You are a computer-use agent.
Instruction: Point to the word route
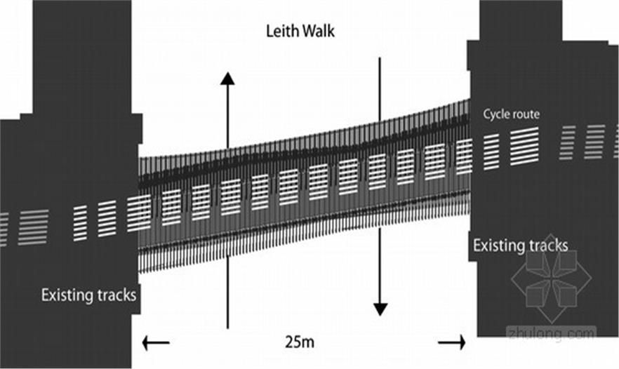[x=526, y=114]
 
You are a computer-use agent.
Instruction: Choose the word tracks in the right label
[x=547, y=246]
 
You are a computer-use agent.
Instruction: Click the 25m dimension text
[x=300, y=342]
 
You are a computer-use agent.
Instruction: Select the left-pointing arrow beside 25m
[x=155, y=343]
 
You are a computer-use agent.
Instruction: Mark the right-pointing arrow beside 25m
[x=452, y=342]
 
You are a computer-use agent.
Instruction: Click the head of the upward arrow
[x=227, y=78]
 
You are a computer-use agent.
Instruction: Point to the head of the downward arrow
[x=380, y=309]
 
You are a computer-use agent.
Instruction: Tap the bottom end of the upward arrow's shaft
[x=227, y=327]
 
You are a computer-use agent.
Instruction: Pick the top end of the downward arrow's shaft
[x=380, y=59]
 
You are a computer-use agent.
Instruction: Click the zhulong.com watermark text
[x=551, y=334]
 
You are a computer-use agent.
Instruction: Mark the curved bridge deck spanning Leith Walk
[x=302, y=189]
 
